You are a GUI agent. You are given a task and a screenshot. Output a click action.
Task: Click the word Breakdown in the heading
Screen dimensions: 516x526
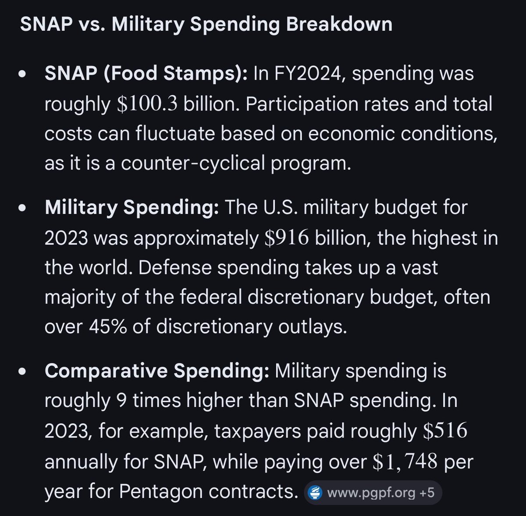pyautogui.click(x=339, y=24)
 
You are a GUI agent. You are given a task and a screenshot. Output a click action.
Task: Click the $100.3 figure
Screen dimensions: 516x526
pyautogui.click(x=147, y=104)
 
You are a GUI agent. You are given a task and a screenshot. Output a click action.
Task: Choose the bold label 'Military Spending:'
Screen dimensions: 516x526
pyautogui.click(x=131, y=207)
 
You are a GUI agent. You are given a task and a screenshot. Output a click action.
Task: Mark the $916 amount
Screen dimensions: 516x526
pyautogui.click(x=287, y=238)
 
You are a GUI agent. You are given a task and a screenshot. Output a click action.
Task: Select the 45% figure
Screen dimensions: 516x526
pyautogui.click(x=108, y=327)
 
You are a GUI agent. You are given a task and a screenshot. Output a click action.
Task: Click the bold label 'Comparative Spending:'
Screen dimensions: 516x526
pyautogui.click(x=156, y=371)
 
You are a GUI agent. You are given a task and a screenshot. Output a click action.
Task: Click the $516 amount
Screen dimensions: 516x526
pyautogui.click(x=445, y=431)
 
